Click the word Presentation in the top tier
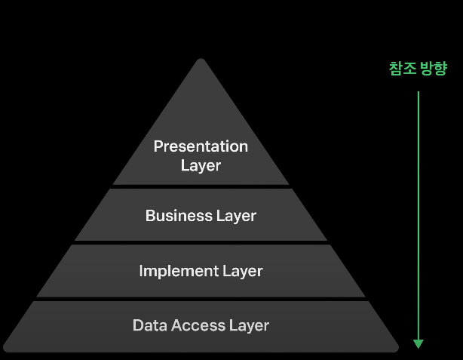tap(201, 146)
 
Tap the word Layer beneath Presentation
tap(201, 165)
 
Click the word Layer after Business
tap(235, 216)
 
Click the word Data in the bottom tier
tap(149, 325)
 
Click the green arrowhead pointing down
tap(419, 343)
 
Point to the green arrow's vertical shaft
tap(419, 211)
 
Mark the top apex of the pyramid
tap(201, 60)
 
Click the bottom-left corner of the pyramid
tap(5, 350)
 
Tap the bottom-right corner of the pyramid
tap(397, 350)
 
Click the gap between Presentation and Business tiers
tap(201, 186)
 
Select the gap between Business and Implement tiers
tap(201, 242)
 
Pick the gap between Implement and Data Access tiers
tap(201, 298)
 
